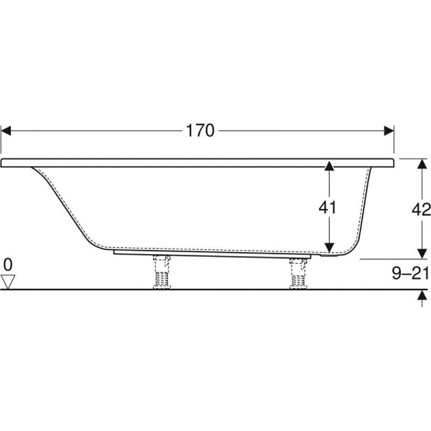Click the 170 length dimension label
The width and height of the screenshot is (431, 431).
(x=200, y=130)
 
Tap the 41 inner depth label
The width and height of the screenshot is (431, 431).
(x=328, y=207)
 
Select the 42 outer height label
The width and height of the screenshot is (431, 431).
(x=421, y=210)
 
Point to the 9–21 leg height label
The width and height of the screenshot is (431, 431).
(x=411, y=273)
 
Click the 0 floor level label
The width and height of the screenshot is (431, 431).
(x=8, y=265)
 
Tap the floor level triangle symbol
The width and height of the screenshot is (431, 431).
(x=8, y=282)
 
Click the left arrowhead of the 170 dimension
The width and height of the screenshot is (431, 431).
(x=5, y=131)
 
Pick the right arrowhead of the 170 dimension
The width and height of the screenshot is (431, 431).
(x=389, y=131)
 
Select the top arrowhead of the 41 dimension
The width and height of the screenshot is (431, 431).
(x=329, y=166)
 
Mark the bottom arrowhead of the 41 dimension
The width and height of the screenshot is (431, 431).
(x=329, y=248)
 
